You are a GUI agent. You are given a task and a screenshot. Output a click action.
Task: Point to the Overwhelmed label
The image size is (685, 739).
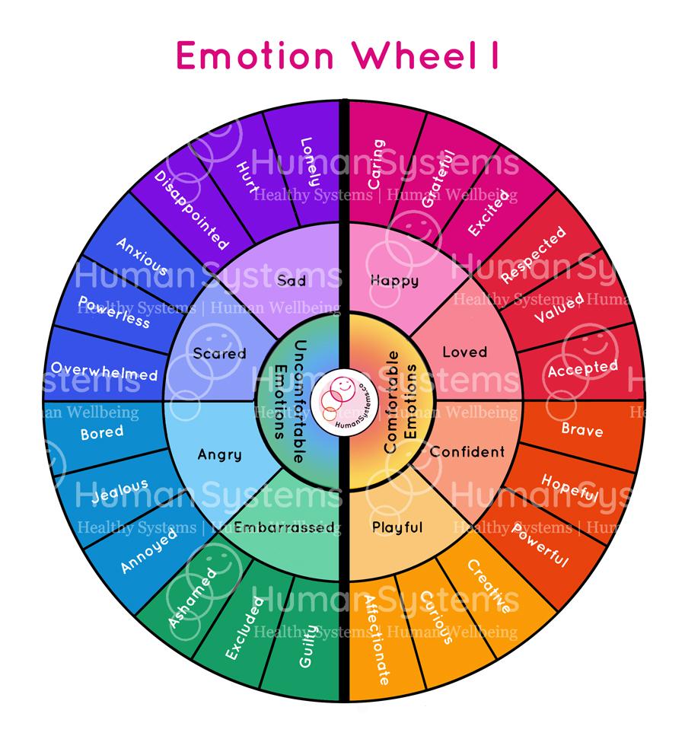tap(104, 371)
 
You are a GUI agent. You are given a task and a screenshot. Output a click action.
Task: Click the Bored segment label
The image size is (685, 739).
tap(102, 434)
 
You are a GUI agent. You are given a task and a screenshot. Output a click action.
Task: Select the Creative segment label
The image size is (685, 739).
tap(487, 586)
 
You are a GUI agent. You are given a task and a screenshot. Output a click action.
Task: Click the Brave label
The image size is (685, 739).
tap(582, 430)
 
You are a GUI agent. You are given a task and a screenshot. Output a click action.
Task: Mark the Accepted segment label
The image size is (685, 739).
tap(582, 368)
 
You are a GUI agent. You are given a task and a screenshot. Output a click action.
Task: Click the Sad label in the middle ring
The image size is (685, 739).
tap(291, 281)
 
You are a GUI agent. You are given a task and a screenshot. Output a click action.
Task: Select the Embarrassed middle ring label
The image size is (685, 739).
tap(284, 527)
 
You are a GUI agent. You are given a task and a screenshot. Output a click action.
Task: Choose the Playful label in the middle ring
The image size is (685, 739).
tap(397, 527)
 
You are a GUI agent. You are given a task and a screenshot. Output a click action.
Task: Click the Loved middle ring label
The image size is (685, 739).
tap(464, 352)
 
